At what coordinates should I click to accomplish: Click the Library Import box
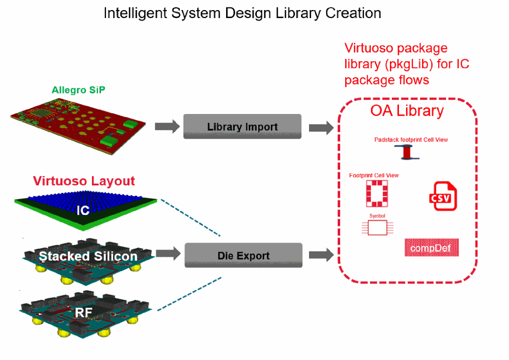(242, 127)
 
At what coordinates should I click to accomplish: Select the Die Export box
(243, 255)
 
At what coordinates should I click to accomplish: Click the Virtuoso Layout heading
(84, 181)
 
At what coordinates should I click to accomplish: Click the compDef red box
(432, 248)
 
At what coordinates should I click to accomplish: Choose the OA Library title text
(407, 110)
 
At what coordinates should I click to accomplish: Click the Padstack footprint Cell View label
(411, 140)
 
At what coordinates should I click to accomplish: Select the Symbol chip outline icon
(377, 227)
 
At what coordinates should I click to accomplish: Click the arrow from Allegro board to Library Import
(167, 127)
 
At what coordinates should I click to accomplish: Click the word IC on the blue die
(83, 210)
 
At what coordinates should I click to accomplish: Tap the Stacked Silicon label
(88, 256)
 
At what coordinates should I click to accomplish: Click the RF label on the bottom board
(83, 313)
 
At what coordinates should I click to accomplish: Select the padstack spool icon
(406, 152)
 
